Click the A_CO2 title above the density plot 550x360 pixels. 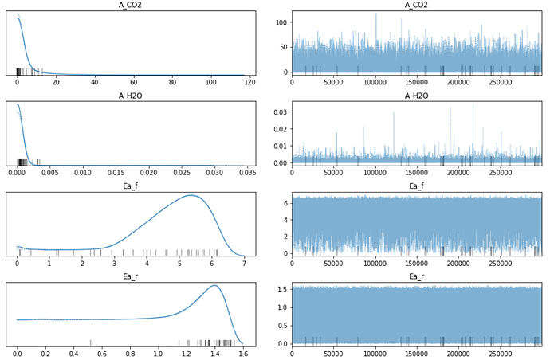point(131,6)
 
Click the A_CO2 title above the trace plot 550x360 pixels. point(416,6)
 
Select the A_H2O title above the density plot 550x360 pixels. point(131,96)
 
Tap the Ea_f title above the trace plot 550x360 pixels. point(416,186)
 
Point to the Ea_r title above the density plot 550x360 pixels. point(131,276)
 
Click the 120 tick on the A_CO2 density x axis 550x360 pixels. point(249,82)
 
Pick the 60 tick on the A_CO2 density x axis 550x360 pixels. point(133,82)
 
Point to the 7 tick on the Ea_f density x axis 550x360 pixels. point(244,263)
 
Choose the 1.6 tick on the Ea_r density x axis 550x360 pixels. point(242,353)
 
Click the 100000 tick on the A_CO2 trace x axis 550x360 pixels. point(375,82)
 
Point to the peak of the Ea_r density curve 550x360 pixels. point(214,285)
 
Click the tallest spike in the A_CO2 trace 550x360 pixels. point(376,14)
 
